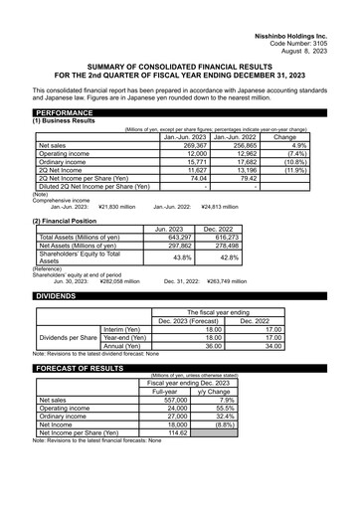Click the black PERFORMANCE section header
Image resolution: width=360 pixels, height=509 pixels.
[67, 113]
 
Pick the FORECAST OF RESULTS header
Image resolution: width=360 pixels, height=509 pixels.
[84, 368]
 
